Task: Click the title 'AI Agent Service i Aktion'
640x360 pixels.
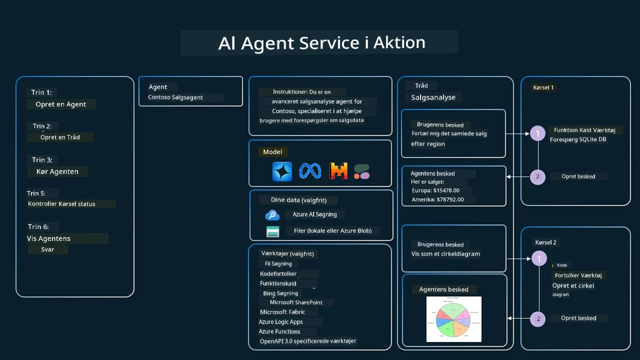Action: pyautogui.click(x=321, y=43)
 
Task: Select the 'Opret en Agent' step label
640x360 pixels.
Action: pyautogui.click(x=60, y=104)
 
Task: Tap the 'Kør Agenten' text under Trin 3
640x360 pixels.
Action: pyautogui.click(x=57, y=171)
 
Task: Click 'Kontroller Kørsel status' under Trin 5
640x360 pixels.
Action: pyautogui.click(x=61, y=203)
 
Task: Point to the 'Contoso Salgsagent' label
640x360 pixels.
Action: pyautogui.click(x=175, y=97)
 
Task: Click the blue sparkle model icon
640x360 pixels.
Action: pyautogui.click(x=282, y=171)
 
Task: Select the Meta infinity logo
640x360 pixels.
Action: pyautogui.click(x=310, y=171)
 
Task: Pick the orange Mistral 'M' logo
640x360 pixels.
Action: pyautogui.click(x=338, y=171)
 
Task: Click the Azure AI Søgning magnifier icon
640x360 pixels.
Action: pyautogui.click(x=272, y=215)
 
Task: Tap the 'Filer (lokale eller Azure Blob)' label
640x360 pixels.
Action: pyautogui.click(x=332, y=230)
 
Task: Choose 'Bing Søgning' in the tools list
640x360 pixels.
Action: pyautogui.click(x=280, y=293)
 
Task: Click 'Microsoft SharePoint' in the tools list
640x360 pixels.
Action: pyautogui.click(x=296, y=302)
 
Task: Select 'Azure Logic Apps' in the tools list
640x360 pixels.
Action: pyautogui.click(x=280, y=321)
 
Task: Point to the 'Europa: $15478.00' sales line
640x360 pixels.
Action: pyautogui.click(x=435, y=190)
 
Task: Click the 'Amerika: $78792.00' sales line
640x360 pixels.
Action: pyautogui.click(x=437, y=199)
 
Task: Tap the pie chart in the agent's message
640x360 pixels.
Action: pyautogui.click(x=453, y=319)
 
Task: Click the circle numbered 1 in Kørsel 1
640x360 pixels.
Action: pyautogui.click(x=537, y=133)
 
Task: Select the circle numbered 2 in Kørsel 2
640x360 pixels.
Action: pyautogui.click(x=538, y=318)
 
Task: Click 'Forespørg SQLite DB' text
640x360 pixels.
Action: pyautogui.click(x=578, y=139)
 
